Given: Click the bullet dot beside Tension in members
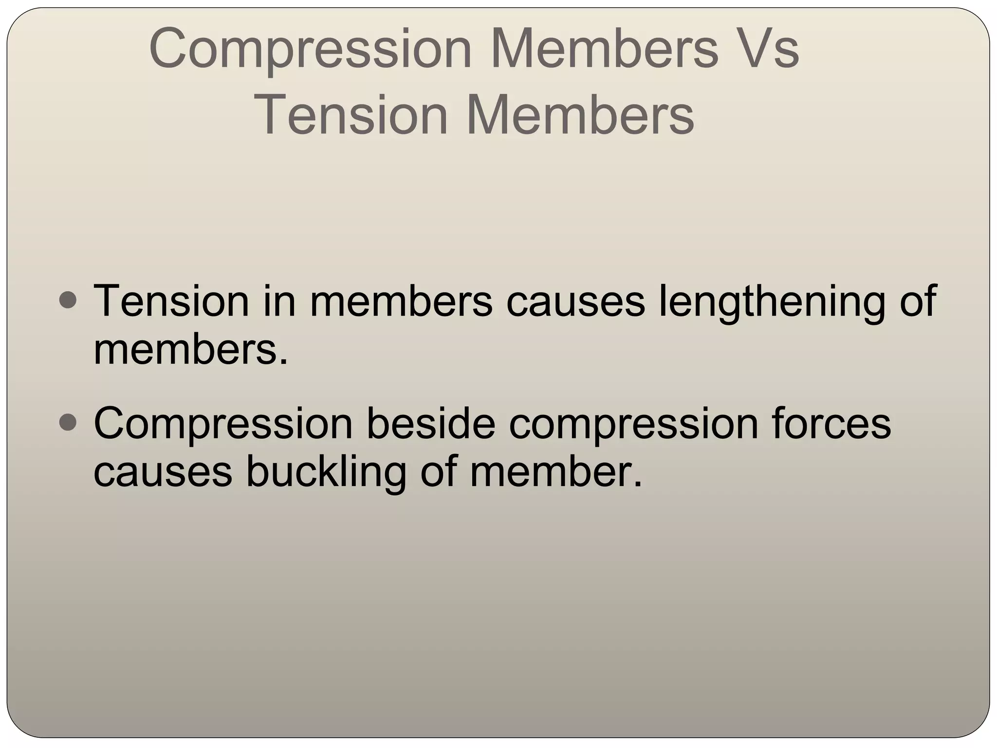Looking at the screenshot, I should (67, 300).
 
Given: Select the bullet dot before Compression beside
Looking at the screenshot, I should (67, 422).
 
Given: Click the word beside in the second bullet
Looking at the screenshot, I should (430, 423).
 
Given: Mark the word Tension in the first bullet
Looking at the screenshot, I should (171, 301).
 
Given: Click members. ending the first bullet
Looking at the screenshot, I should (191, 349).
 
